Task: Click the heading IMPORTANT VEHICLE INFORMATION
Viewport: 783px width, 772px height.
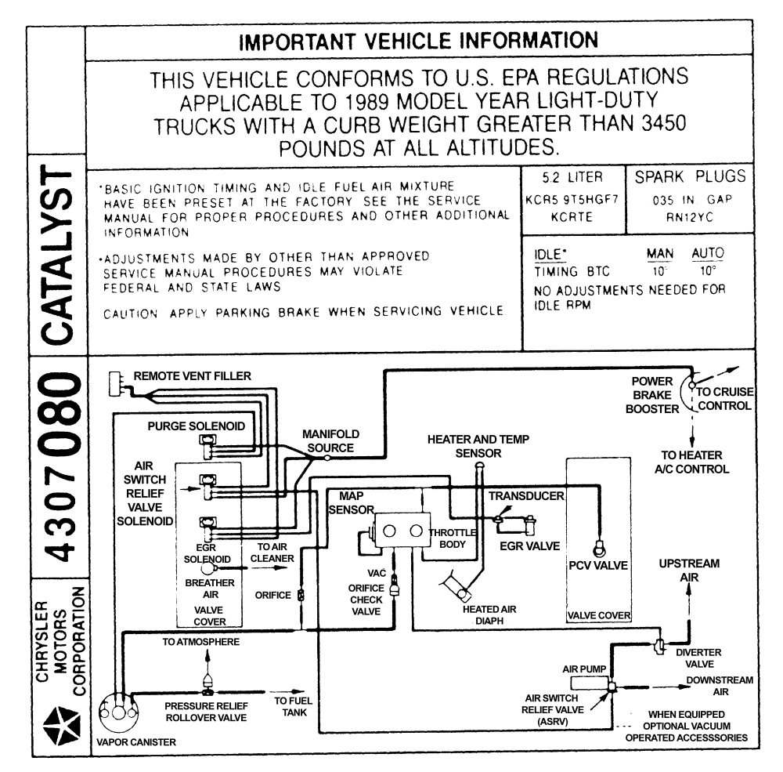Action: (x=418, y=40)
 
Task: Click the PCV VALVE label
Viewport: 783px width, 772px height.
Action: (x=598, y=565)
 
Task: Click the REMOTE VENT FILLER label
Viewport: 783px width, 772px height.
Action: (x=193, y=376)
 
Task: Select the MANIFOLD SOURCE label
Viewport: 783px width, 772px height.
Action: (x=330, y=440)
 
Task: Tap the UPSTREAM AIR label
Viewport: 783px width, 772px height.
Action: (x=688, y=571)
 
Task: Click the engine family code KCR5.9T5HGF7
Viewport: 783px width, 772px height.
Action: (x=573, y=200)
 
